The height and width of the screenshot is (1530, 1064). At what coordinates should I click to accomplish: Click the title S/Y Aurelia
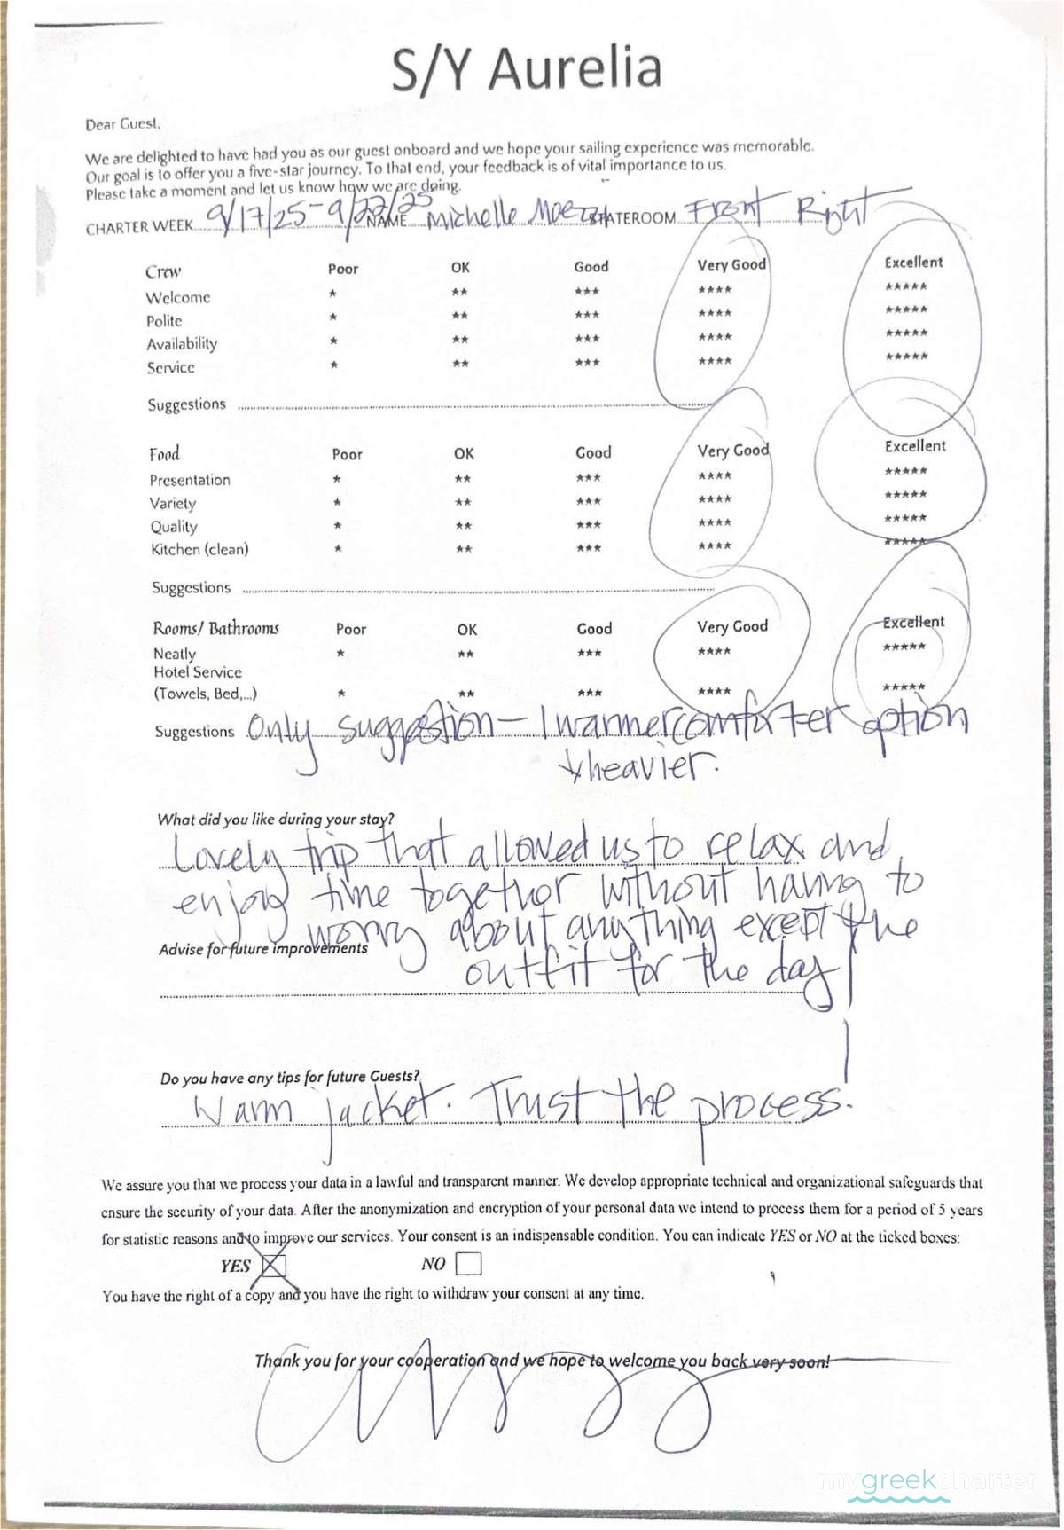click(x=528, y=69)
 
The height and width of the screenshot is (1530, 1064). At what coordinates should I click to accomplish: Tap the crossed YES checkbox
click(x=274, y=1266)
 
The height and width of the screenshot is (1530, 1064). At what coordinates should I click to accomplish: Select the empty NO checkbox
click(x=467, y=1263)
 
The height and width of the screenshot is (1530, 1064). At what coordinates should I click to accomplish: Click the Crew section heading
click(x=163, y=271)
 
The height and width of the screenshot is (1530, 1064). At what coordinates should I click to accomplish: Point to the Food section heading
click(x=164, y=454)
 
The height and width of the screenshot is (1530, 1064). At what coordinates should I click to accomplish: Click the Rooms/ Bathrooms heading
click(x=215, y=629)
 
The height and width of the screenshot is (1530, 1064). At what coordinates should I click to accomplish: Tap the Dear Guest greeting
click(x=122, y=124)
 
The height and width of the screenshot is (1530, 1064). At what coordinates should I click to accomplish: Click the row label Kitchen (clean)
click(x=199, y=550)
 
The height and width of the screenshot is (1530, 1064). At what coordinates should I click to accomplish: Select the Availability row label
click(x=182, y=344)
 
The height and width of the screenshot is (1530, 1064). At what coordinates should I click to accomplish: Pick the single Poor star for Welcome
click(x=332, y=293)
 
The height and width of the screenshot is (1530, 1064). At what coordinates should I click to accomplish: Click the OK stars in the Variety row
click(x=463, y=503)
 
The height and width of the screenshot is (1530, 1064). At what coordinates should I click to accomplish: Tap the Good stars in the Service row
click(x=587, y=363)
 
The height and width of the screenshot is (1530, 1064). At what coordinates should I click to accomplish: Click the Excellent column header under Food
click(x=914, y=446)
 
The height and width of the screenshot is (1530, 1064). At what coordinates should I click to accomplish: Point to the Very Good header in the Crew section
click(x=731, y=264)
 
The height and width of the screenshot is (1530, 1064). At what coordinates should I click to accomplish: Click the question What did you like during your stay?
click(x=276, y=820)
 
